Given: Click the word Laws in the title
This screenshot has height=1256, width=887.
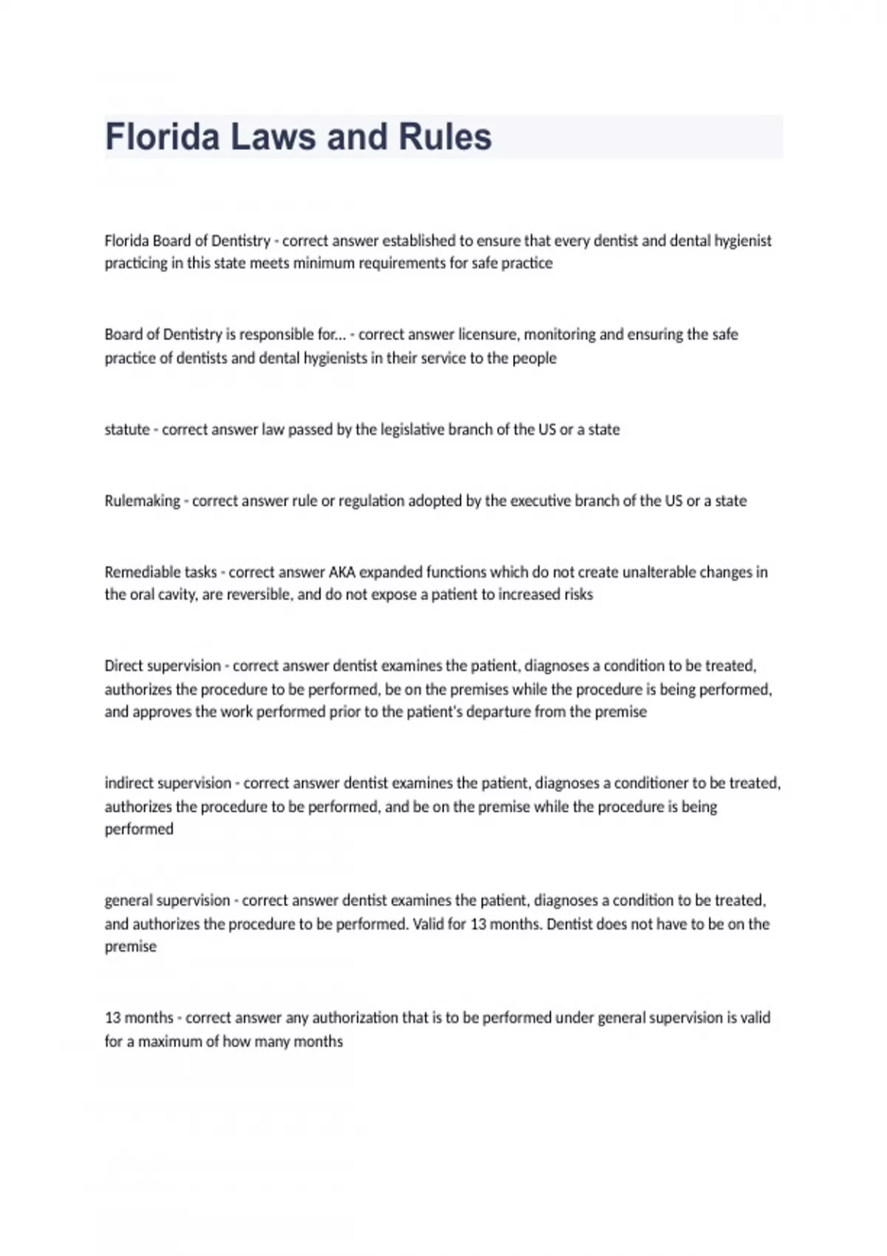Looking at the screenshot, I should [x=273, y=137].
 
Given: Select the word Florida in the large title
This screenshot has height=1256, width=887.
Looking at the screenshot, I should [x=162, y=137].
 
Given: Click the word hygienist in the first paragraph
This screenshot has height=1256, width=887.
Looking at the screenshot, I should [x=742, y=241].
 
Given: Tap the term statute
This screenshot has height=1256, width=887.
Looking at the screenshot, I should [x=127, y=429].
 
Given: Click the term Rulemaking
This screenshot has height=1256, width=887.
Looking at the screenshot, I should [x=143, y=501].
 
